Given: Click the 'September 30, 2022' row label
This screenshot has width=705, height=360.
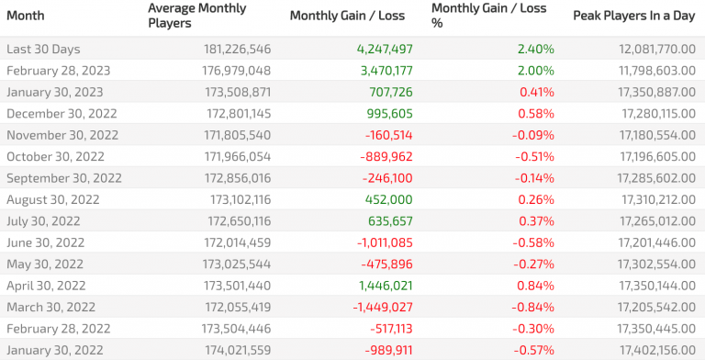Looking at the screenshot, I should [x=63, y=177].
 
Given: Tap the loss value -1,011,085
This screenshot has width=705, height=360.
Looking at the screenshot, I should [x=378, y=242].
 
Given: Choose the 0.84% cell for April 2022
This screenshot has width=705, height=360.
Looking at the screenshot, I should [x=536, y=286].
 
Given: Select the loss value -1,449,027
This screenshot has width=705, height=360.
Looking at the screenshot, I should [x=377, y=307].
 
